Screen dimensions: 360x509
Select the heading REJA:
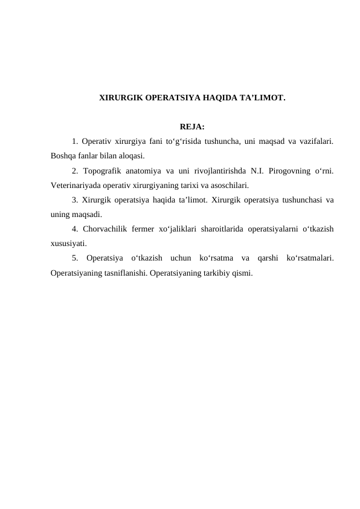click(192, 127)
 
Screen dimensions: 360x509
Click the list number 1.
click(74, 142)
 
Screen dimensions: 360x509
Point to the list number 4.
click(74, 229)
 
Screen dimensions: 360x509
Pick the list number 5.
click(74, 258)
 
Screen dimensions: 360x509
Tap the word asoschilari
click(227, 186)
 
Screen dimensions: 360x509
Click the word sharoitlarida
click(217, 229)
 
